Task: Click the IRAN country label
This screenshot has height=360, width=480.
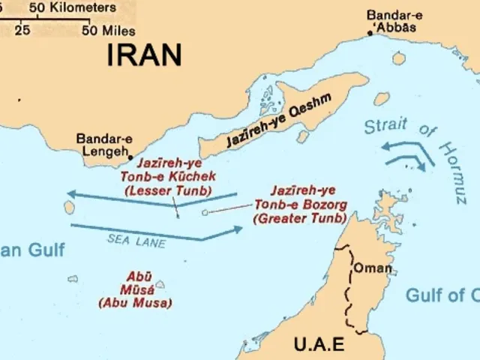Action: point(145,55)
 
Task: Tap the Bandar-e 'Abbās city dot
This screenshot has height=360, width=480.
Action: point(370,32)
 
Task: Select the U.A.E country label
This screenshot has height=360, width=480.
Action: point(318,344)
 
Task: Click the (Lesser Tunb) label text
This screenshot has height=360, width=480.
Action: point(167,191)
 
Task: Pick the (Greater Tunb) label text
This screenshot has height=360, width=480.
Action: point(299,218)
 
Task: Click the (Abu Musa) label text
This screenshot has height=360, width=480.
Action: point(135,302)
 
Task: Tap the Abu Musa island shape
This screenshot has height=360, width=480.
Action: point(160,285)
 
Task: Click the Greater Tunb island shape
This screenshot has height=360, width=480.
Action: point(205,213)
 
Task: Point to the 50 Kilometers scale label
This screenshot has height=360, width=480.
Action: point(73,7)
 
